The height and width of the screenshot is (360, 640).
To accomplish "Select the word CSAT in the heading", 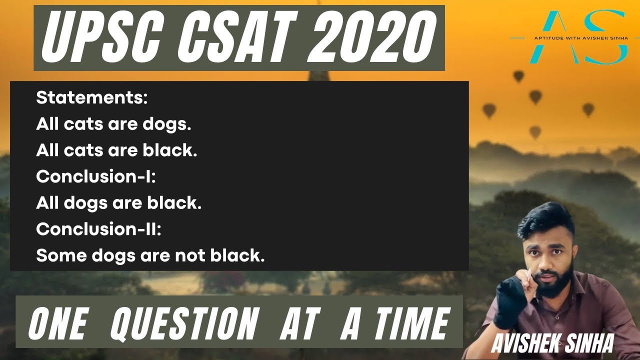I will pyautogui.click(x=231, y=38).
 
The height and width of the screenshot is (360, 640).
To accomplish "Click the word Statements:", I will pyautogui.click(x=92, y=98).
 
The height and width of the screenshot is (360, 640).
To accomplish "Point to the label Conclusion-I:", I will pyautogui.click(x=96, y=176).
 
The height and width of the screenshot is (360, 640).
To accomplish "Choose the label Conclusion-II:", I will pyautogui.click(x=98, y=229).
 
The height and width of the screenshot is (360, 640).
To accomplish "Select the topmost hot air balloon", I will pyautogui.click(x=518, y=76).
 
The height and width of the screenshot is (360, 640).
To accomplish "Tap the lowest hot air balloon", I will pyautogui.click(x=535, y=132).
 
